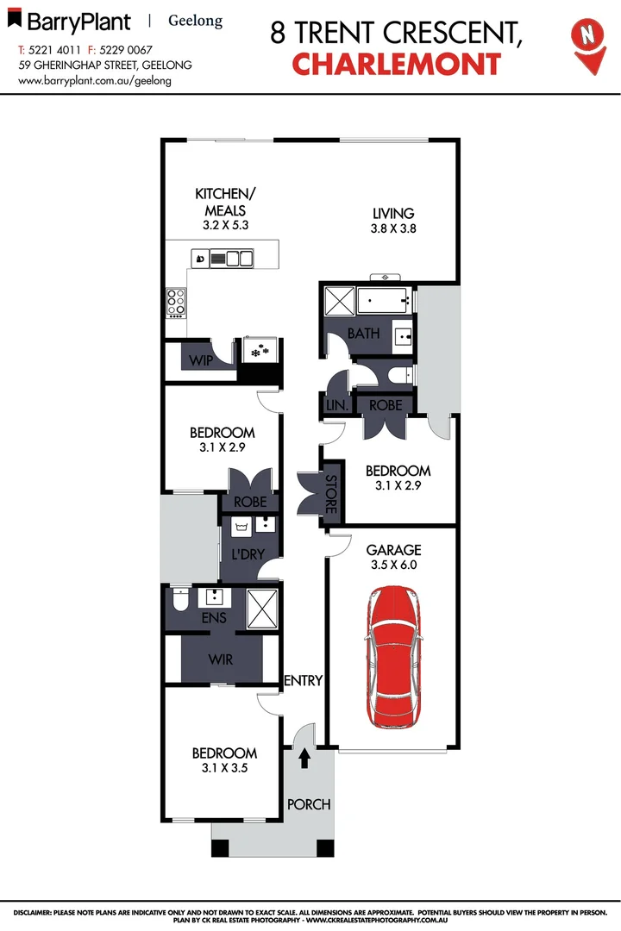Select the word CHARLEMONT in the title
(x=396, y=65)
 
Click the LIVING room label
(x=393, y=213)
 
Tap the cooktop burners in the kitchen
(x=176, y=302)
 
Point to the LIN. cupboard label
(x=336, y=405)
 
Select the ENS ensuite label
(x=213, y=617)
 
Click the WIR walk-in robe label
(x=220, y=659)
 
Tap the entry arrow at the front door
(x=304, y=759)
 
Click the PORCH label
(x=308, y=804)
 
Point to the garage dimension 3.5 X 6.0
(x=393, y=565)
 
